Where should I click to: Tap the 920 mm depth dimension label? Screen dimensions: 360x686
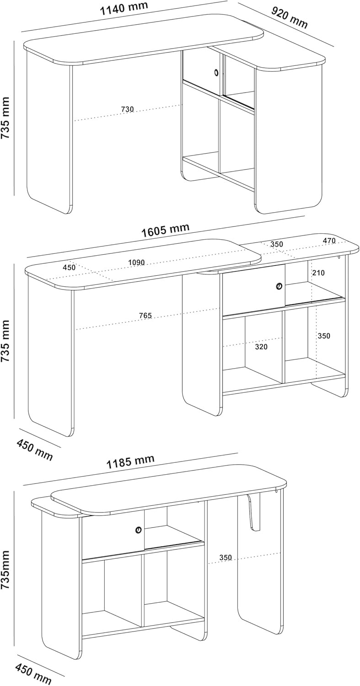(x=289, y=17)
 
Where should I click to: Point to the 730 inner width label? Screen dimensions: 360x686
(x=128, y=109)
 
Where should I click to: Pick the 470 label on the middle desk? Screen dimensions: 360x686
(x=329, y=241)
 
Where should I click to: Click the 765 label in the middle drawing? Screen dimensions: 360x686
(x=145, y=315)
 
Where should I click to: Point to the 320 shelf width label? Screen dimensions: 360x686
(x=261, y=347)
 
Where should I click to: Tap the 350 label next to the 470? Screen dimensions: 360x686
(x=277, y=244)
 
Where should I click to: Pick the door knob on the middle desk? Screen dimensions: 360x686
(x=279, y=286)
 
